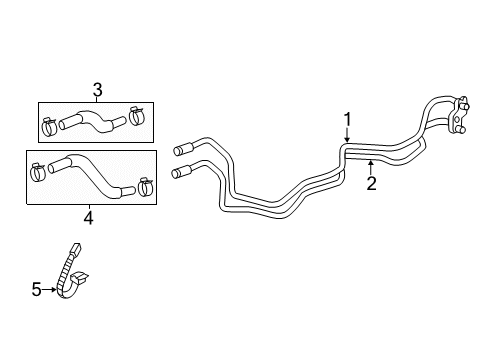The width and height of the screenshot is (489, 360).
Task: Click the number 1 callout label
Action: pyautogui.click(x=347, y=120)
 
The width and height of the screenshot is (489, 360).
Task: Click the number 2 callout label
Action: pyautogui.click(x=370, y=183)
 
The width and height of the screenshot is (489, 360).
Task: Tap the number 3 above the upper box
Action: pyautogui.click(x=97, y=89)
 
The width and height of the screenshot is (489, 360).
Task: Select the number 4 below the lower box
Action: pyautogui.click(x=88, y=216)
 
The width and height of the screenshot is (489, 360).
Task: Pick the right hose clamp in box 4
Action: pyautogui.click(x=144, y=185)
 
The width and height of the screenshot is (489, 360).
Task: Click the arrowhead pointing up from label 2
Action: pyautogui.click(x=370, y=162)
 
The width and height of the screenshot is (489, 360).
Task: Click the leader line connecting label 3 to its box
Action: pyautogui.click(x=97, y=98)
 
